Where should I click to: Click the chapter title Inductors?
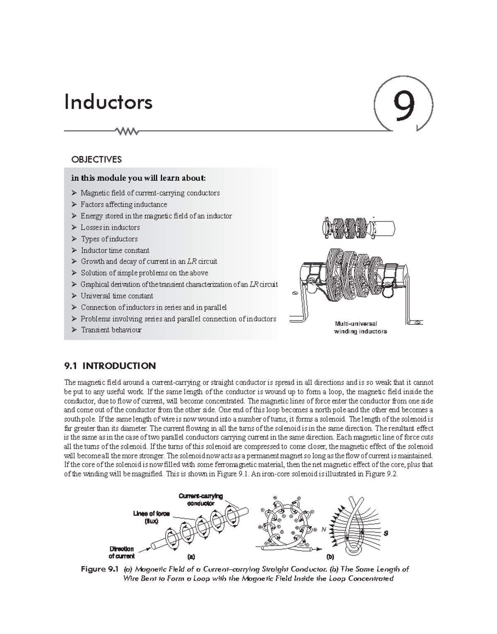click(x=108, y=102)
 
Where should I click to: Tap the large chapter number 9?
click(x=403, y=106)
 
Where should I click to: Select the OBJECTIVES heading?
click(x=97, y=160)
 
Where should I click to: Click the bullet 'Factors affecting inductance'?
click(x=123, y=204)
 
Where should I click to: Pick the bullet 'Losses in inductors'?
click(x=110, y=227)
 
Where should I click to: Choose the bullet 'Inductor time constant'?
click(x=115, y=250)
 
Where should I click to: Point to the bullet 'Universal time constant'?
click(x=116, y=296)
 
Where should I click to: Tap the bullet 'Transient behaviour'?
click(x=111, y=330)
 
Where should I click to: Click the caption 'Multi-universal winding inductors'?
click(x=360, y=327)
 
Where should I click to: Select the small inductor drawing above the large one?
click(x=358, y=227)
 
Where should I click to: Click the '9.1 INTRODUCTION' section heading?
click(x=110, y=366)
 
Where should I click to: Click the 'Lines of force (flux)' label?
click(x=151, y=517)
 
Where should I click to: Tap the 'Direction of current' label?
click(x=121, y=552)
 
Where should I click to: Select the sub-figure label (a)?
click(x=191, y=557)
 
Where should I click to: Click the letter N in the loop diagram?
click(x=323, y=530)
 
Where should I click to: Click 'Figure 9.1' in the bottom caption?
click(x=99, y=569)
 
